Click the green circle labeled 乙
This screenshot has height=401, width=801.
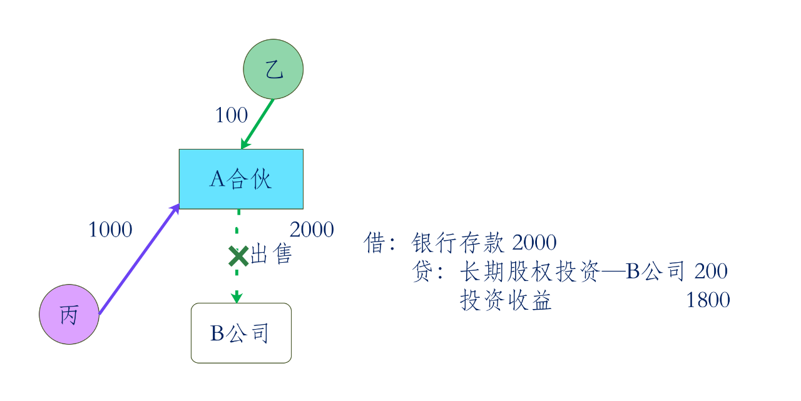273,69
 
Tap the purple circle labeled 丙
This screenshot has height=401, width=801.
69,315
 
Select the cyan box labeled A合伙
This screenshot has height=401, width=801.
241,179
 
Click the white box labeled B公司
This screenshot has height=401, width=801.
241,333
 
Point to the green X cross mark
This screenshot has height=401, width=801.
238,256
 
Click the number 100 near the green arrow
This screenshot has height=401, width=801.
232,115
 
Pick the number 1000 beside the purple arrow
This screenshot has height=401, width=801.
110,230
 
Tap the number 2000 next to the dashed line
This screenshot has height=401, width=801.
312,230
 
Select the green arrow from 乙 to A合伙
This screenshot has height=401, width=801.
258,124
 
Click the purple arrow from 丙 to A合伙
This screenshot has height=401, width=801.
138,260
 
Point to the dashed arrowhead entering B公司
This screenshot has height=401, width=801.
237,297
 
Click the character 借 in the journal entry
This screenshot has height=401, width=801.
374,243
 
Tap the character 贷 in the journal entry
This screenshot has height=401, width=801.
422,272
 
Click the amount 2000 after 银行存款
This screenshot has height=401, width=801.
534,243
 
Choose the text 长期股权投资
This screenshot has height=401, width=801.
529,272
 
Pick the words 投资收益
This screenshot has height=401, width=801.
506,300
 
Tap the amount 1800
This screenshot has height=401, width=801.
708,300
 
